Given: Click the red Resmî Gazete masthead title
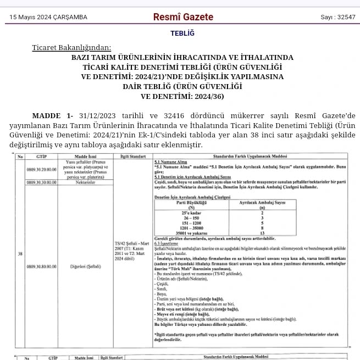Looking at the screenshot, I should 183,17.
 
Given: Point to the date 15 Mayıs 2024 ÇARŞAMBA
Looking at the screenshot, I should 48,18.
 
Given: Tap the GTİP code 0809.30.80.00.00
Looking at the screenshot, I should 41,266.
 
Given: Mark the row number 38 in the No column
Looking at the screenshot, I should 20,254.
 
